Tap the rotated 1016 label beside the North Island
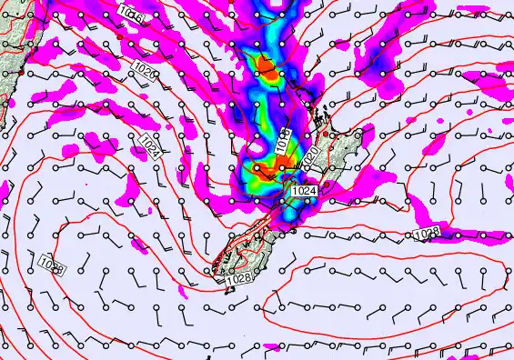click(284, 139)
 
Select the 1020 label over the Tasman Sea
click(143, 69)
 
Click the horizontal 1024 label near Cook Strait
click(305, 191)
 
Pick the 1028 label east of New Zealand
click(428, 235)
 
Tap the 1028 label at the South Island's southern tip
click(238, 279)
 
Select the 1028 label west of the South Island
click(52, 265)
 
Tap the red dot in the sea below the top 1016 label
click(120, 34)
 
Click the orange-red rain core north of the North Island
click(266, 65)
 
